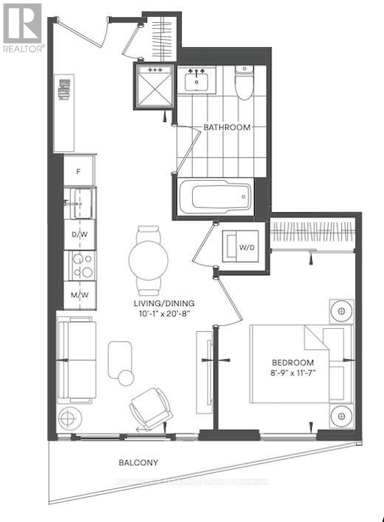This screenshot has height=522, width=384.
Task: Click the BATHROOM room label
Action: click(227, 128)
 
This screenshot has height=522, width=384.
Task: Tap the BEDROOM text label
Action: click(293, 363)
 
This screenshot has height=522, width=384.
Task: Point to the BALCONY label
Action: click(139, 463)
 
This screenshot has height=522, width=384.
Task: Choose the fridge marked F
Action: click(78, 171)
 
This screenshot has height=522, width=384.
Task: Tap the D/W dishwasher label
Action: click(78, 234)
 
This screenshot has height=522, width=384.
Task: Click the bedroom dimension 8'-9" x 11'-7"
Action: click(293, 374)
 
